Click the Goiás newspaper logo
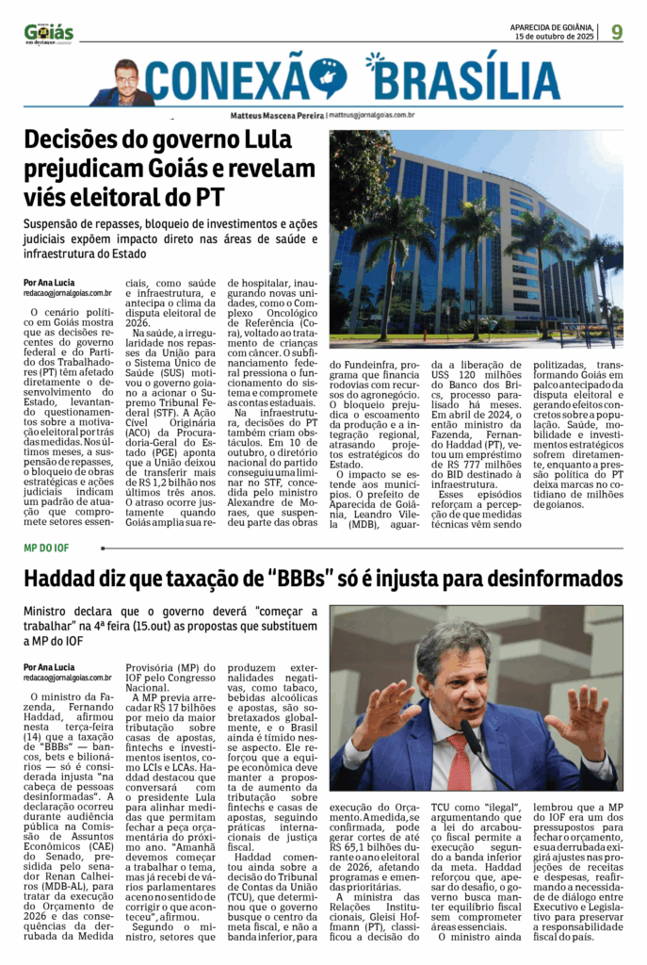pyautogui.click(x=49, y=33)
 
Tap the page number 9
pyautogui.click(x=617, y=32)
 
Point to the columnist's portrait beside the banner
pyautogui.click(x=125, y=82)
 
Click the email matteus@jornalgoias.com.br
pyautogui.click(x=372, y=115)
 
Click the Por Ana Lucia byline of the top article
pyautogui.click(x=50, y=283)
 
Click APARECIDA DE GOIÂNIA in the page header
pyautogui.click(x=551, y=27)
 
